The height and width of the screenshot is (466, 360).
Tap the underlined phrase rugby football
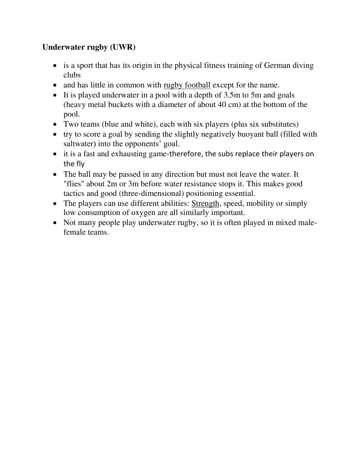(187, 85)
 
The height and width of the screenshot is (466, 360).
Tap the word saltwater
(78, 143)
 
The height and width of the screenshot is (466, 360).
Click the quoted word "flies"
(73, 184)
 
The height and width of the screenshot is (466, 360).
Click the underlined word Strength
(206, 204)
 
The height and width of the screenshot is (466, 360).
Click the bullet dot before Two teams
(55, 124)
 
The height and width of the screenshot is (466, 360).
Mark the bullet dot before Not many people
(55, 223)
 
